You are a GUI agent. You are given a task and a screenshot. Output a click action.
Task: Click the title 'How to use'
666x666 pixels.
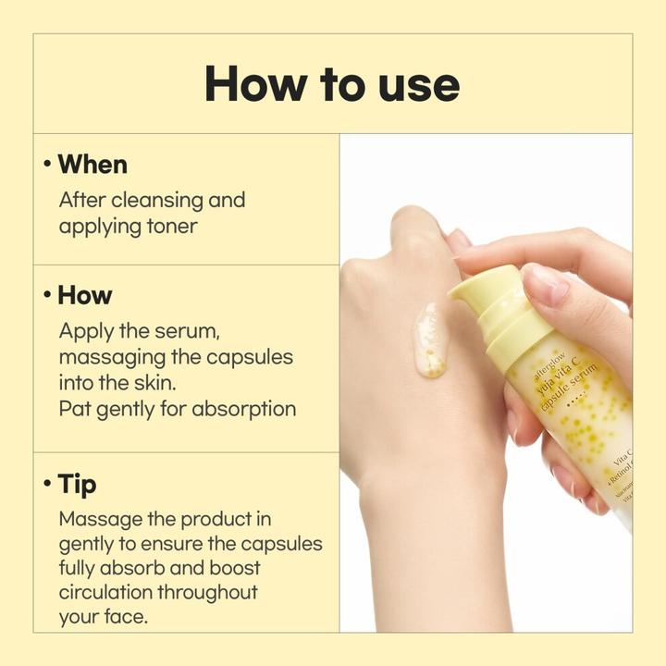[332, 84]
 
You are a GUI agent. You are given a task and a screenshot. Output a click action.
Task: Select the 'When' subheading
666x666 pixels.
[92, 165]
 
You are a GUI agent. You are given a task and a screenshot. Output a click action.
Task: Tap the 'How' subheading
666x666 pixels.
[85, 295]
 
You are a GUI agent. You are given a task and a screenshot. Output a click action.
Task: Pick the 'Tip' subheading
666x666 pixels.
[77, 484]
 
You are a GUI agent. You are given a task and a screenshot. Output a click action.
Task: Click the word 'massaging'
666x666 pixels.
[105, 356]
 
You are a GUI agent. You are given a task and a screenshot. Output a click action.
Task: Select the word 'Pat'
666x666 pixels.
[74, 408]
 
